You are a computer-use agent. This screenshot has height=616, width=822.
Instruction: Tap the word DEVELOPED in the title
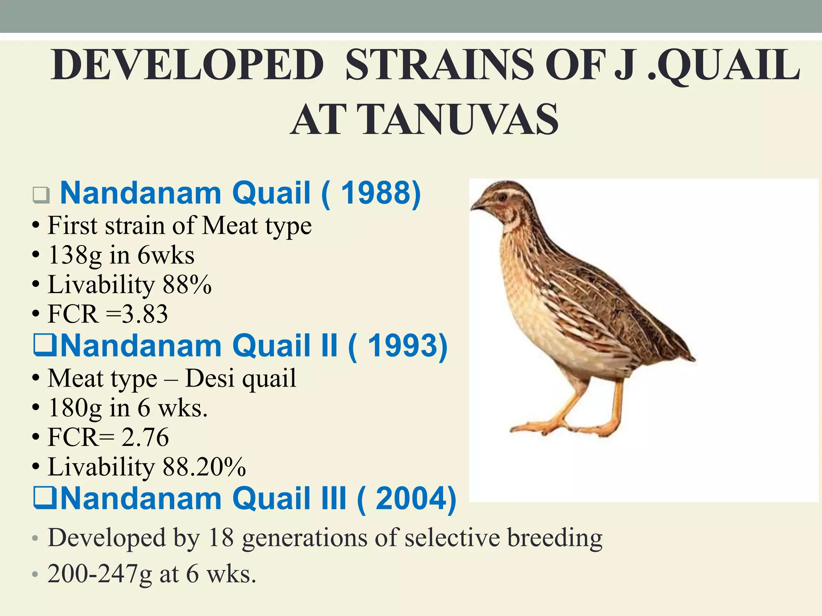[x=187, y=65]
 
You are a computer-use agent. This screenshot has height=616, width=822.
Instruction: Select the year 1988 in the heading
[x=378, y=193]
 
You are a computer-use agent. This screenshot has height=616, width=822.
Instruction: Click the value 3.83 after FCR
[x=145, y=314]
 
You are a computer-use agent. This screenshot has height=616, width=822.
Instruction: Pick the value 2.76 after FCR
[x=145, y=437]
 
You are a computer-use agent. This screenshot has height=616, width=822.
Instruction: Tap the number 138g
[x=75, y=255]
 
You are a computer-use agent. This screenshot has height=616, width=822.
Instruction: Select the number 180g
[x=75, y=408]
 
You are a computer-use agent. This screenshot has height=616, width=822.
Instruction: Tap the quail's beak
[x=476, y=206]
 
